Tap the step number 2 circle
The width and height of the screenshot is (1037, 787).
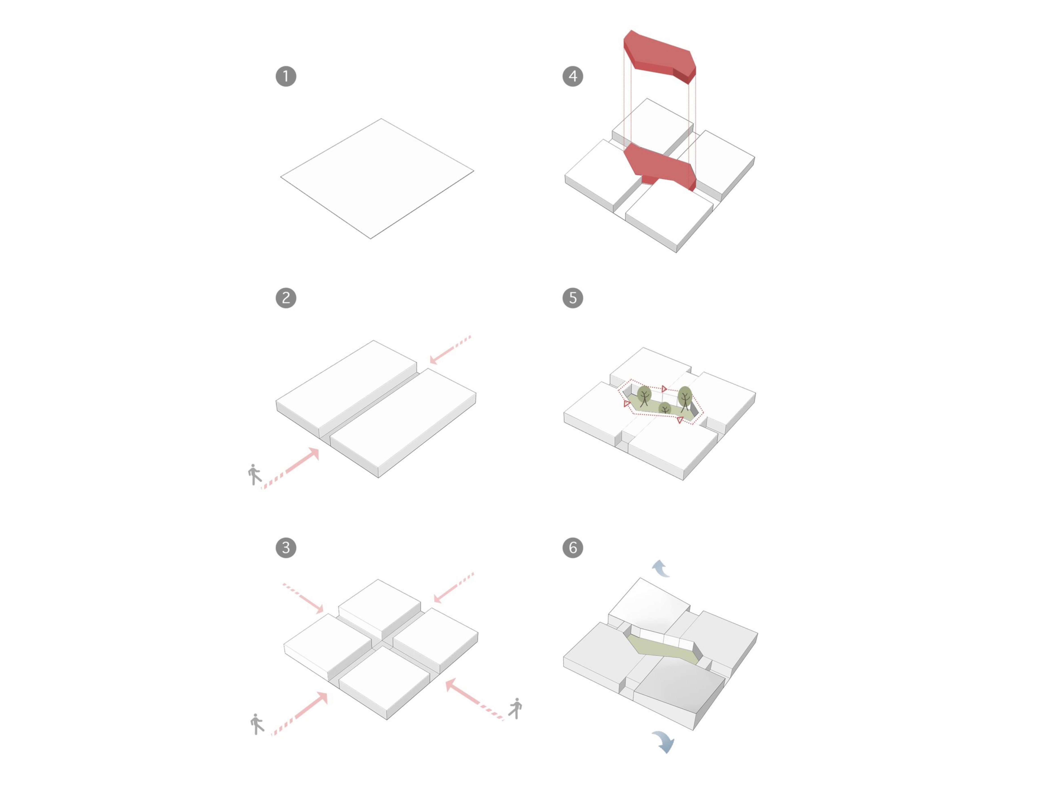pos(286,298)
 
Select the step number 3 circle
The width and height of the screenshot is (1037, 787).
pos(286,548)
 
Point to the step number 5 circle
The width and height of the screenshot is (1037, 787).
pos(573,298)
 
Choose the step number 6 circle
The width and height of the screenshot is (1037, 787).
pos(573,548)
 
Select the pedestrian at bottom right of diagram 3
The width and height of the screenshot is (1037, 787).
pos(516,708)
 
